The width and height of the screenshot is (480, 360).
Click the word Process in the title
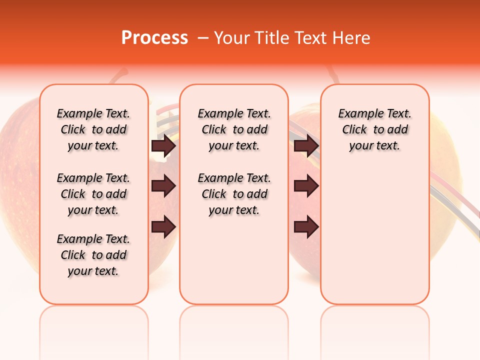tap(154, 37)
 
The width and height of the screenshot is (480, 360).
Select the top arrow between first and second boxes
tap(163, 146)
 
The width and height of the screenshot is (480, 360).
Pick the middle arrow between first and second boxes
tap(163, 186)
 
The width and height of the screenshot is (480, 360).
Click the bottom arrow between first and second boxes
tap(163, 227)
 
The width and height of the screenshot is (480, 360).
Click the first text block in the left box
tap(93, 129)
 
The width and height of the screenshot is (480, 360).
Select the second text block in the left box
tap(93, 194)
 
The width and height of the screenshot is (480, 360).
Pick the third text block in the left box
tap(93, 255)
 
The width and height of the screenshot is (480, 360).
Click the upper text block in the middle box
tap(234, 129)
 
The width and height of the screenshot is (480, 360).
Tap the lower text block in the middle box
tap(234, 194)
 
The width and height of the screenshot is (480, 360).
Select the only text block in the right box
tap(374, 129)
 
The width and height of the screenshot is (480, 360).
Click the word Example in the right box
tap(357, 114)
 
